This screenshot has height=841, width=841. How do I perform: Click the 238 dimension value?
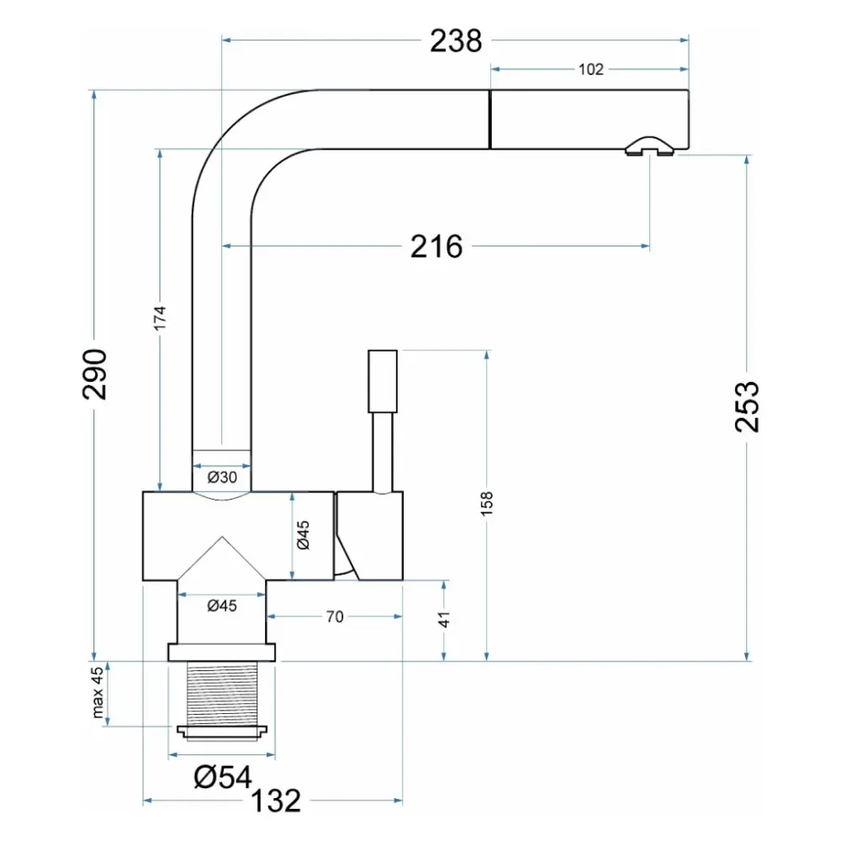(456, 40)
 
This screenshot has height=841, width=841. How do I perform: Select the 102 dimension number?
(590, 70)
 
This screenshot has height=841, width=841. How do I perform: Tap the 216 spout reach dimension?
(436, 246)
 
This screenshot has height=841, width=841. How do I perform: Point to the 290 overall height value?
(95, 374)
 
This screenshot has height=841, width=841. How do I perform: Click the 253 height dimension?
(747, 406)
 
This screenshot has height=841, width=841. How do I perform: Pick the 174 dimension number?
(160, 318)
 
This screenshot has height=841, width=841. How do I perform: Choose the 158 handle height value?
(486, 504)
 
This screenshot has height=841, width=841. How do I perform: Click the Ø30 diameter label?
(222, 477)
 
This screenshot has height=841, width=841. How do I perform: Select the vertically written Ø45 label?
(303, 535)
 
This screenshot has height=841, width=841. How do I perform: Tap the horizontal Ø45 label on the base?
(222, 606)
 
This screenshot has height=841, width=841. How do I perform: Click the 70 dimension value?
(335, 616)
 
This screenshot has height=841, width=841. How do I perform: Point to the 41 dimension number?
(444, 619)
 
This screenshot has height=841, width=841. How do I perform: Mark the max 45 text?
(98, 692)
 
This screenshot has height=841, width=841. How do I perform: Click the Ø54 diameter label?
(223, 777)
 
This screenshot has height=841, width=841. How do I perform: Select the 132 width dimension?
(276, 801)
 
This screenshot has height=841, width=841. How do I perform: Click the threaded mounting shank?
(222, 694)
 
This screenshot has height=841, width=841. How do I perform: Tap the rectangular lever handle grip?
(383, 381)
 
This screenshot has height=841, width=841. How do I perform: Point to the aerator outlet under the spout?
(649, 147)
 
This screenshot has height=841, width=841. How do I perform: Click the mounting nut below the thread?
(222, 733)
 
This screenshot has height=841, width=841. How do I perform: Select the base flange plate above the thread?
(221, 653)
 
